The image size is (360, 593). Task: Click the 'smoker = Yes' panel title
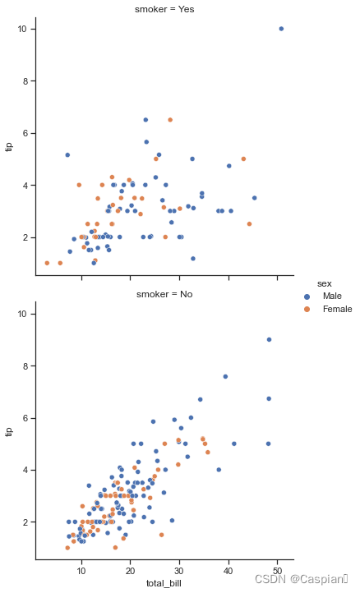tap(164, 9)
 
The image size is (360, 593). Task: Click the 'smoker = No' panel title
tap(164, 294)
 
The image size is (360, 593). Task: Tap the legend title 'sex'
tap(325, 283)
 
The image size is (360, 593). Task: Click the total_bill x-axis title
tap(164, 583)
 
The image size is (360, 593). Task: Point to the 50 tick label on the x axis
tap(278, 571)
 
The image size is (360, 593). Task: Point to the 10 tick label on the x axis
tap(81, 571)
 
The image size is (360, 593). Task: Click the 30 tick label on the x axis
tap(179, 571)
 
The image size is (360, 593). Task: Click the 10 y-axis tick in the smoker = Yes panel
tap(21, 29)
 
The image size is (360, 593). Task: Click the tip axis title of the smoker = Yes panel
tap(9, 147)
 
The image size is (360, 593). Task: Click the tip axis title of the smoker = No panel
tap(9, 431)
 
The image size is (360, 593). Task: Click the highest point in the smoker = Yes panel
tap(281, 29)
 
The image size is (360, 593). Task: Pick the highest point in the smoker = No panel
tap(269, 339)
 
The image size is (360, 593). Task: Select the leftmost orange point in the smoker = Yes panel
tap(47, 263)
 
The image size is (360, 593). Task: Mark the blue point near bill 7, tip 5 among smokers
tap(67, 155)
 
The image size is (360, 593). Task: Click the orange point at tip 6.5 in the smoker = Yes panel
tap(170, 120)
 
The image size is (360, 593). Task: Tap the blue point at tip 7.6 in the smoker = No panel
tap(225, 376)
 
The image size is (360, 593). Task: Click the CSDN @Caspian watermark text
tap(302, 579)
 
